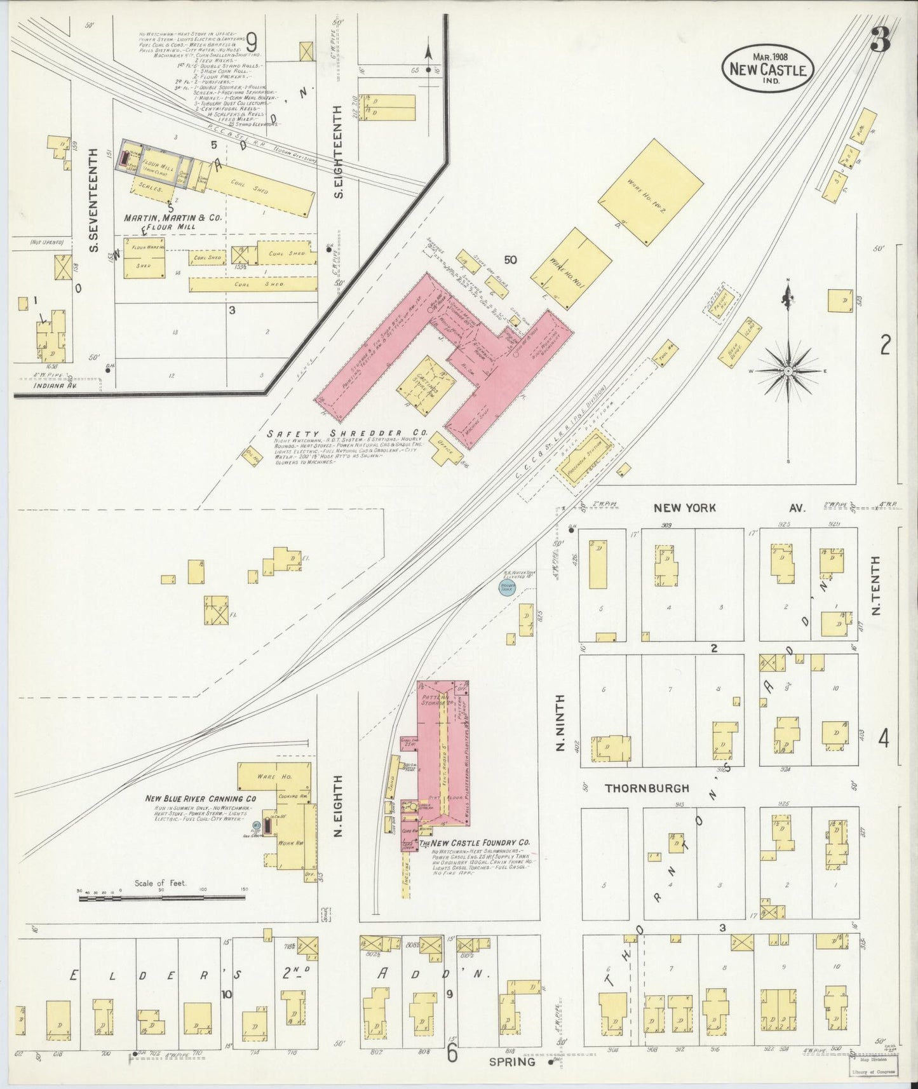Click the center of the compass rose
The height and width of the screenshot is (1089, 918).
pyautogui.click(x=788, y=370)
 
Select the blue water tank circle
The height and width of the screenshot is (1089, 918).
pyautogui.click(x=507, y=588)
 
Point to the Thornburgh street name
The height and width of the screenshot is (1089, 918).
pyautogui.click(x=647, y=788)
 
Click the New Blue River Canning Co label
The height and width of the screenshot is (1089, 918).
pyautogui.click(x=201, y=799)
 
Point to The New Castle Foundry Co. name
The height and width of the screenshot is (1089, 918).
pyautogui.click(x=474, y=843)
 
